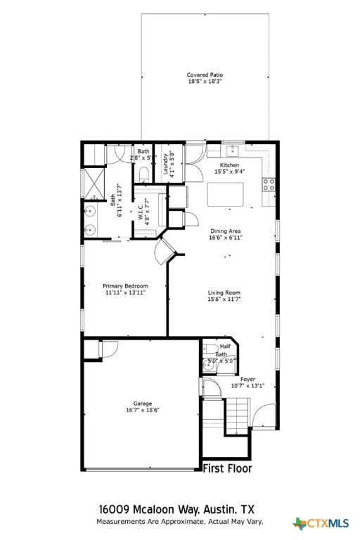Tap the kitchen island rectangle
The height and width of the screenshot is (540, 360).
click(x=226, y=194)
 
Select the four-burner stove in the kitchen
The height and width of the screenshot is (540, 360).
click(x=269, y=185)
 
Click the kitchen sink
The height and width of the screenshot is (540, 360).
click(x=231, y=150)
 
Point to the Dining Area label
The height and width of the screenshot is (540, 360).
click(x=225, y=231)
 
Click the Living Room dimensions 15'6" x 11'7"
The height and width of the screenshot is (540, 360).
click(x=224, y=300)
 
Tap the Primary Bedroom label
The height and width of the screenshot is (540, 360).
click(x=125, y=286)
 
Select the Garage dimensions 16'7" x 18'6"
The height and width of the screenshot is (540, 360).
click(x=143, y=410)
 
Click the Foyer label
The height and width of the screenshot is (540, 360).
click(x=247, y=379)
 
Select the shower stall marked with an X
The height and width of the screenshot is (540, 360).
click(x=93, y=182)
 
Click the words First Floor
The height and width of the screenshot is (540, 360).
click(x=226, y=468)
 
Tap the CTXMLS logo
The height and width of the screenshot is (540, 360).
click(x=321, y=523)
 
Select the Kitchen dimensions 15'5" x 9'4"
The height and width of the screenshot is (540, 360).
click(x=229, y=171)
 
